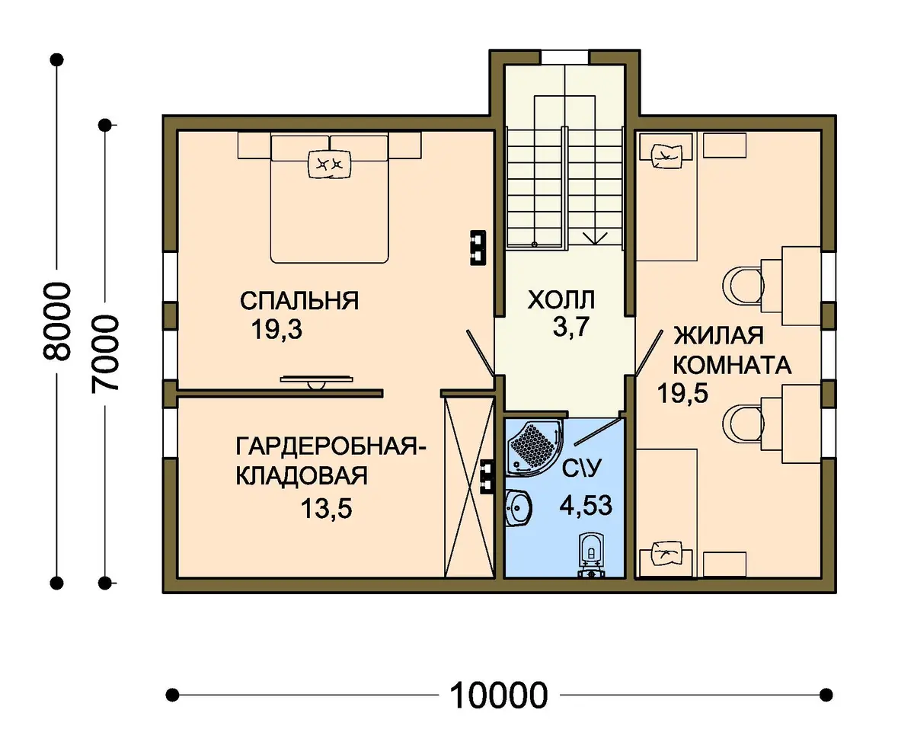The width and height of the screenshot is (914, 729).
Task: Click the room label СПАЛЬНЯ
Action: pos(299,301)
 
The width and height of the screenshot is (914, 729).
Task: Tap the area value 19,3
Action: pos(277,330)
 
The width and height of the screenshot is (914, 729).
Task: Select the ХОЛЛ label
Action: pos(561,300)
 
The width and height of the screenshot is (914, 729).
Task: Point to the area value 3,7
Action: pos(571,327)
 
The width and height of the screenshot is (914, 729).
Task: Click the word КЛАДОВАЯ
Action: pos(302,475)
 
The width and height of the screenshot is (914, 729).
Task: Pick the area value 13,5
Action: pos(327,509)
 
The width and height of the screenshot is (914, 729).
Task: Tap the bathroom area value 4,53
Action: pos(586,506)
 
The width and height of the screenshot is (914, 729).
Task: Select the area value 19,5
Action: pos(683,393)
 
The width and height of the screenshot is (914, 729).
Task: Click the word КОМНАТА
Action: pos(733,365)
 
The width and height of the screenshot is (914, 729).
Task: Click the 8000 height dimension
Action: pos(56,321)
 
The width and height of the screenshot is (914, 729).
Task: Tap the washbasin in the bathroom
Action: pos(518,507)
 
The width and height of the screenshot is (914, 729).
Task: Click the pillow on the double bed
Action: pos(330,164)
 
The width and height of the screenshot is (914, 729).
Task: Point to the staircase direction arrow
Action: pos(595,238)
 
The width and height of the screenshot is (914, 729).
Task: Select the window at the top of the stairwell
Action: pos(565,56)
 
